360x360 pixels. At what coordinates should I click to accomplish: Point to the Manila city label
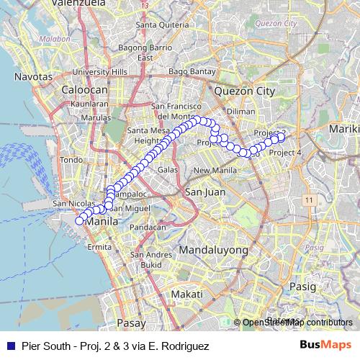tap(99, 222)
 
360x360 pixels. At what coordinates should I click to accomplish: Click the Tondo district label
tap(72, 160)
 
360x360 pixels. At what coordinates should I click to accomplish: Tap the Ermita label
tap(99, 247)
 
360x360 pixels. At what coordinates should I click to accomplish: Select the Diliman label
tap(241, 112)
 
